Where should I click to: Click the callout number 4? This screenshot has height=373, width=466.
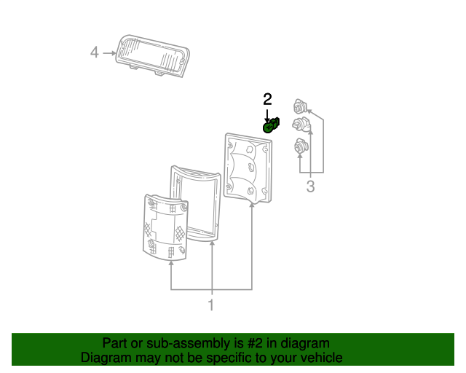[94, 52]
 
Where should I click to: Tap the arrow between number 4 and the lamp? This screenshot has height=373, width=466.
[109, 52]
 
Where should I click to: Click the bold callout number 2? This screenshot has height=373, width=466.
[267, 98]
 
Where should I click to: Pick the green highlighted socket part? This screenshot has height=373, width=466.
[271, 126]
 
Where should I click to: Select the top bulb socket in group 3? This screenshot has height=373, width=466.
[299, 106]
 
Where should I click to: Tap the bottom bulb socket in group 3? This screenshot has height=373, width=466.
[299, 148]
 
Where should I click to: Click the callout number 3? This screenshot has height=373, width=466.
[310, 186]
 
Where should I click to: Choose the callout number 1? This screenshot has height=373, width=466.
[211, 305]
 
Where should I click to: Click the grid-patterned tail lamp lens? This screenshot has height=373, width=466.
[165, 226]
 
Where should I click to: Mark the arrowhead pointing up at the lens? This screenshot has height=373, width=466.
[171, 264]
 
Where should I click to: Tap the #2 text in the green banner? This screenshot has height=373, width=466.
[256, 343]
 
